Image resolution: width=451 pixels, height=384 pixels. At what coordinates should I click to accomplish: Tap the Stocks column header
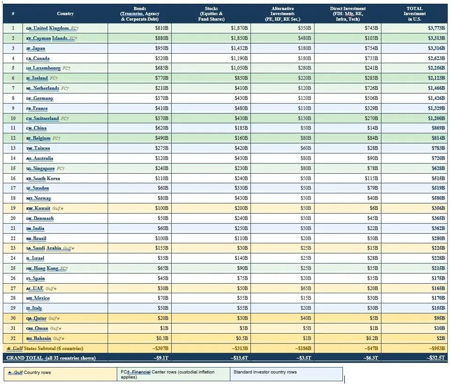coord(211,14)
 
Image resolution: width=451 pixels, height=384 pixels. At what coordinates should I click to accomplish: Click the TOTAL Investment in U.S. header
coord(414,14)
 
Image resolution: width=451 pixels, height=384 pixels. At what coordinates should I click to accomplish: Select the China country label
coord(40,128)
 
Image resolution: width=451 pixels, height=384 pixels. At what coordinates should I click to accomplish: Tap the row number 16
coord(13,178)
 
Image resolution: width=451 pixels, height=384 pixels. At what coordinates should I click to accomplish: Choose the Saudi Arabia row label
coord(47,248)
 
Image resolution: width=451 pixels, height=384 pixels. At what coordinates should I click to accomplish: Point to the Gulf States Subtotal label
coord(45,348)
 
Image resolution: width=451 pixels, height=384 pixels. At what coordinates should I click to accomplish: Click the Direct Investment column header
coord(348,14)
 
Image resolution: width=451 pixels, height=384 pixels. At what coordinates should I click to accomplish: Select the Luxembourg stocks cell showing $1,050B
coord(239,68)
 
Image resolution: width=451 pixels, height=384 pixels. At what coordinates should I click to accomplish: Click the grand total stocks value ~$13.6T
coord(239,358)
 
